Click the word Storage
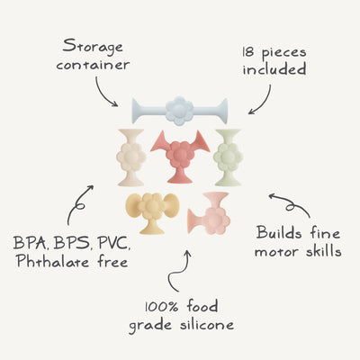tap(93, 48)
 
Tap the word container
tap(93, 65)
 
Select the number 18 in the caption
tap(248, 52)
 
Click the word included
tap(274, 68)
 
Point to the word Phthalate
tap(53, 261)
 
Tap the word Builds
tap(279, 233)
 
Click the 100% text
tap(162, 307)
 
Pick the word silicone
tap(207, 325)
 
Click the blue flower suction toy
tap(180, 111)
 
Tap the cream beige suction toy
tap(131, 157)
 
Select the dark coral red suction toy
tap(180, 156)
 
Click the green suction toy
tap(228, 157)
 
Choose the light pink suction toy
tap(210, 214)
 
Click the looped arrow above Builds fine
tap(291, 205)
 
